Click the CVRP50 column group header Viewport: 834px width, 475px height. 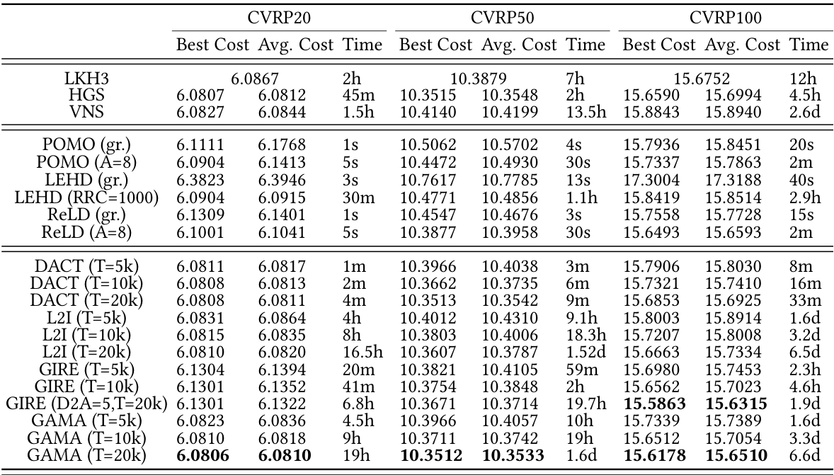coord(502,16)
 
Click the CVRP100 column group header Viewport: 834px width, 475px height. coord(725,16)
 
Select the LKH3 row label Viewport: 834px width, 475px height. coord(86,80)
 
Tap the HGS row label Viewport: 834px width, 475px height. coord(86,95)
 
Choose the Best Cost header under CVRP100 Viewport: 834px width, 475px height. coord(659,45)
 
